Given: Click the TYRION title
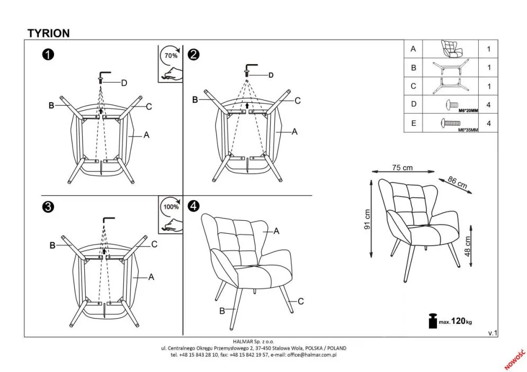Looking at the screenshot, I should point(48,33).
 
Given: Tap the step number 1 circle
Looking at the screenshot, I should point(48,55).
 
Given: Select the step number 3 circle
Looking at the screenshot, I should point(48,207).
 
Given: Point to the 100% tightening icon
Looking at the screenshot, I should point(170,215).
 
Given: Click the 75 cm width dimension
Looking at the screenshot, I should point(402,168).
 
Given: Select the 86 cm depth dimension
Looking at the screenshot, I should point(457,183).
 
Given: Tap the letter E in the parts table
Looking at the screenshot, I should point(414,124).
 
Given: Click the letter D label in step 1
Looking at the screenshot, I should point(124,83).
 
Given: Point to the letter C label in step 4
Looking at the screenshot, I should point(300,302).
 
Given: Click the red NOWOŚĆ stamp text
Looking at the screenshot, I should point(513,359).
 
